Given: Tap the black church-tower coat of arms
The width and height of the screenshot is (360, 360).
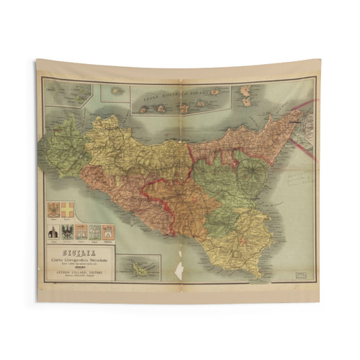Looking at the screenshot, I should tap(54, 232).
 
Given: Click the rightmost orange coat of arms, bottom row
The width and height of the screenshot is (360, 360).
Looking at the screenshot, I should tap(107, 231).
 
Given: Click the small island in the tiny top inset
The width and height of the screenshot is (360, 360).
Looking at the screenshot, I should tap(116, 91).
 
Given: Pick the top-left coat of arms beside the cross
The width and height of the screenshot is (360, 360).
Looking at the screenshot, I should tap(53, 210).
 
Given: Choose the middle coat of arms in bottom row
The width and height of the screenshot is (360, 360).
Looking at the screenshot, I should tap(81, 231).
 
